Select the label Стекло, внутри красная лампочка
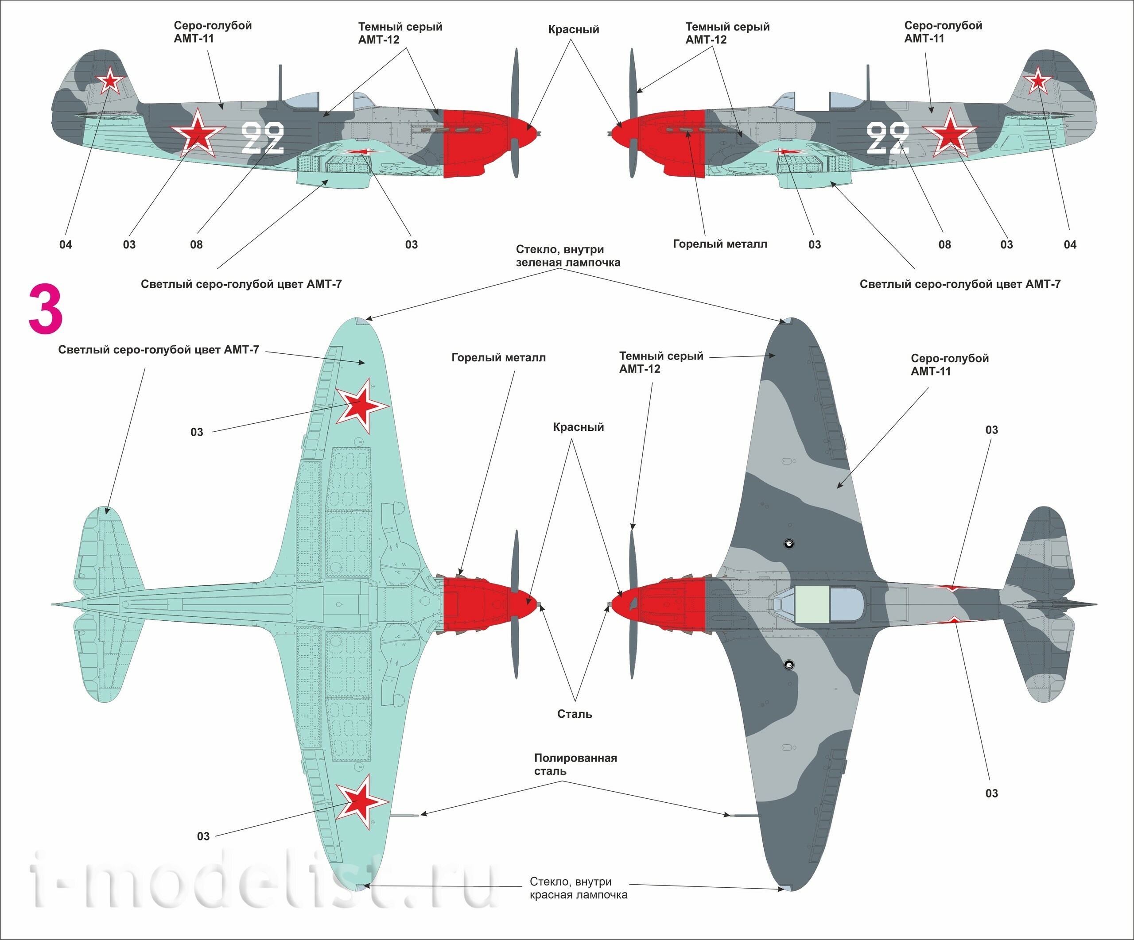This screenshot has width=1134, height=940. [x=579, y=888]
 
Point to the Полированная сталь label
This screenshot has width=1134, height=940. [x=575, y=764]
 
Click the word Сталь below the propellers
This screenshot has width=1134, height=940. [x=575, y=714]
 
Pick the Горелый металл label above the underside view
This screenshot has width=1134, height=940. [x=498, y=357]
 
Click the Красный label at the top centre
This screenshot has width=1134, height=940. [x=574, y=29]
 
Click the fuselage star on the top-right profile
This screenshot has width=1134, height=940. [x=949, y=132]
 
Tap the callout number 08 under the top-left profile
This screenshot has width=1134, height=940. [x=196, y=244]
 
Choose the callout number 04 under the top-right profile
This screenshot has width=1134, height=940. [x=1070, y=244]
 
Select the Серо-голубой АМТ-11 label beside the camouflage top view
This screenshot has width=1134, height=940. [x=949, y=364]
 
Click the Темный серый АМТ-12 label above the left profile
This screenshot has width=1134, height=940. [x=400, y=33]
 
